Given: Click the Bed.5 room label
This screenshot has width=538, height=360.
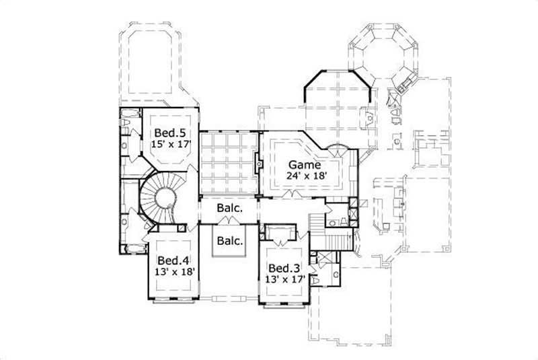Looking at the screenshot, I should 164,132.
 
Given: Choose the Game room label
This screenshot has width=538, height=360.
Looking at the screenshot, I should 304,164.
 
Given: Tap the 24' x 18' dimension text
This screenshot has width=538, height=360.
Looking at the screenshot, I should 307,175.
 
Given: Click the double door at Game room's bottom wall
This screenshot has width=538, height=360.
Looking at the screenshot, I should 291,194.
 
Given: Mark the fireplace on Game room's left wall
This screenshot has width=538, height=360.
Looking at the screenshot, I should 258,163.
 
